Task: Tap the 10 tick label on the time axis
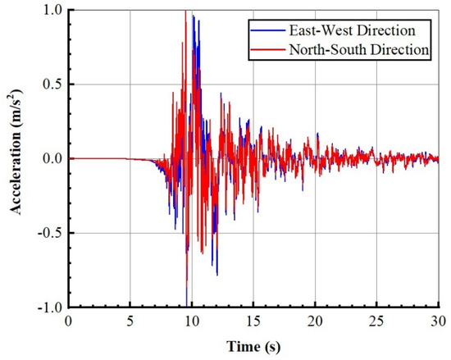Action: (192, 319)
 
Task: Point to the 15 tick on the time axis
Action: (253, 319)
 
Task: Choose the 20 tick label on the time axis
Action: (316, 319)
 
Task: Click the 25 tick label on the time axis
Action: (377, 319)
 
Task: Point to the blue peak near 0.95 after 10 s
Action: (194, 16)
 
